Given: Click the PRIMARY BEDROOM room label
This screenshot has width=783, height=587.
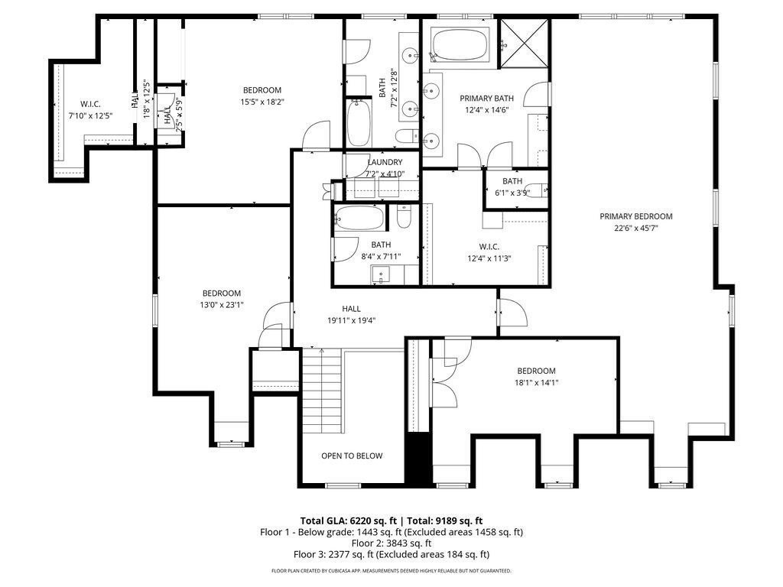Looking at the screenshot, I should pos(635,216).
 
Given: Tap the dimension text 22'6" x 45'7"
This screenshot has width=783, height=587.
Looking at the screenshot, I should pos(635,227).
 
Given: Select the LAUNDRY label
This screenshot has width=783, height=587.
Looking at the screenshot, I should pos(385,162).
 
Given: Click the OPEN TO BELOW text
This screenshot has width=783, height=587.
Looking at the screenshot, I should pos(351,456).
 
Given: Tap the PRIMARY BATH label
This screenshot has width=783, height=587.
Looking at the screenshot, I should pos(486,99).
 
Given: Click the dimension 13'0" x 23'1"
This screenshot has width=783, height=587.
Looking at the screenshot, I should pos(222,304).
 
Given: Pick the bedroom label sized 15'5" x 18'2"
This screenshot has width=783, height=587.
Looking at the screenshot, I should pos(262,90).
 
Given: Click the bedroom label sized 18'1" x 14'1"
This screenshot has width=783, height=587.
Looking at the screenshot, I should pos(535,371).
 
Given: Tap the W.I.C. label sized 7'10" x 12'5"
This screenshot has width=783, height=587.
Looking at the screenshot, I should pos(90,104).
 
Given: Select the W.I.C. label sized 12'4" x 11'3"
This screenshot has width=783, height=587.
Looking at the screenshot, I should pos(489,246).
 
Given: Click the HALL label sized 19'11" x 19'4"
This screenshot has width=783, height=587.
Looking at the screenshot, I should pos(351,309).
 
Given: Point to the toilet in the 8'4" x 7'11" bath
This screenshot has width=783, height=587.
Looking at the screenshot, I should pos(404,218).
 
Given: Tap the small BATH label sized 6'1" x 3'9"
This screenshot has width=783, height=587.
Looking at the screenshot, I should pos(512,181).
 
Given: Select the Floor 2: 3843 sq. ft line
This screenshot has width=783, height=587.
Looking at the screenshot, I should pos(391,543).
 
